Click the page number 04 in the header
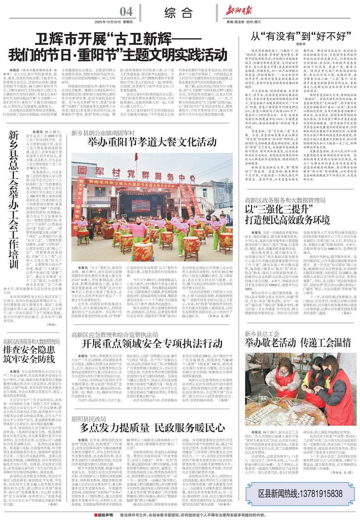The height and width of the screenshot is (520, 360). tap(126, 11)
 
